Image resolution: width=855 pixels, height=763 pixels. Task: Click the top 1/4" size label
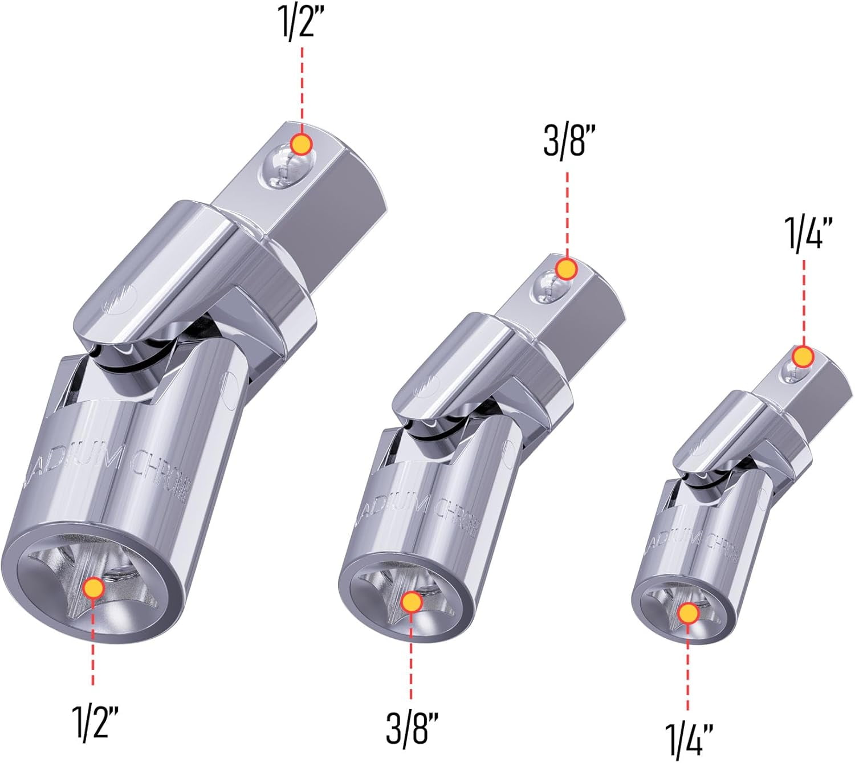(x=804, y=233)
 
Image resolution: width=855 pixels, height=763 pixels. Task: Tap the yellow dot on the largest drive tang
(x=301, y=144)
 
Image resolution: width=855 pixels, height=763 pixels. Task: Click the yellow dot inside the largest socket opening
(x=92, y=587)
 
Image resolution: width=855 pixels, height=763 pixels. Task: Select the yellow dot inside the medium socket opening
(x=412, y=602)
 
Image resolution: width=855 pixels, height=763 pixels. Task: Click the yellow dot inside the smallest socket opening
(x=689, y=613)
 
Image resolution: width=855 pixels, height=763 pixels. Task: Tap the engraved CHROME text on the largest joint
(x=160, y=473)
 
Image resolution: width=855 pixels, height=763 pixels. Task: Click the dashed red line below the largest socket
(x=92, y=644)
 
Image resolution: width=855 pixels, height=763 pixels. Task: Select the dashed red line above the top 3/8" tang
(x=566, y=211)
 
